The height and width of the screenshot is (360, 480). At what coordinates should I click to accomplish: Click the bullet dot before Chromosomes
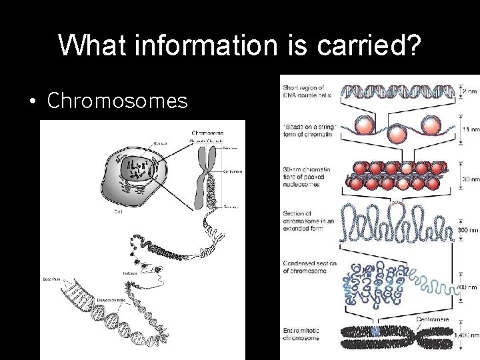pos(32,101)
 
